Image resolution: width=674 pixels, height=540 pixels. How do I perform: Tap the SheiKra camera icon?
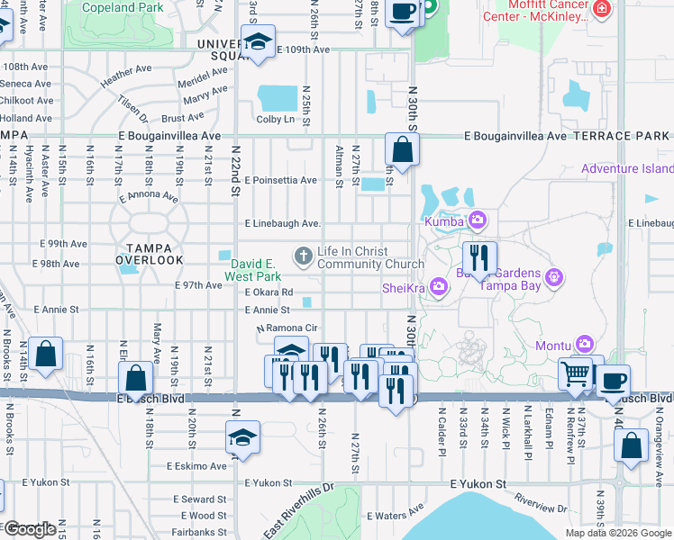click(x=439, y=286)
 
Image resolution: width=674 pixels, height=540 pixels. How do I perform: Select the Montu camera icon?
click(x=585, y=345)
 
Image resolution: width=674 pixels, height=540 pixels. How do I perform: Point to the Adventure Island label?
click(x=627, y=168)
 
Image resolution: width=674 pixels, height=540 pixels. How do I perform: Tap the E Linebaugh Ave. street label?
click(x=283, y=223)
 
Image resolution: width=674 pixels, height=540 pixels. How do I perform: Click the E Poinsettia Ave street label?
click(x=280, y=180)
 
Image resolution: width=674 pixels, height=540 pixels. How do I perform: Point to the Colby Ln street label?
click(x=276, y=119)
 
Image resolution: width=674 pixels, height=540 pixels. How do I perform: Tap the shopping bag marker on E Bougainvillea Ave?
click(x=402, y=149)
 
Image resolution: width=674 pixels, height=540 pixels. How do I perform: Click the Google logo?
click(x=30, y=529)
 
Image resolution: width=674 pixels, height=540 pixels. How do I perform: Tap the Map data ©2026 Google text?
click(x=617, y=533)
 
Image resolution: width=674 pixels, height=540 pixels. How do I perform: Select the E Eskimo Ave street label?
click(x=197, y=465)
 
